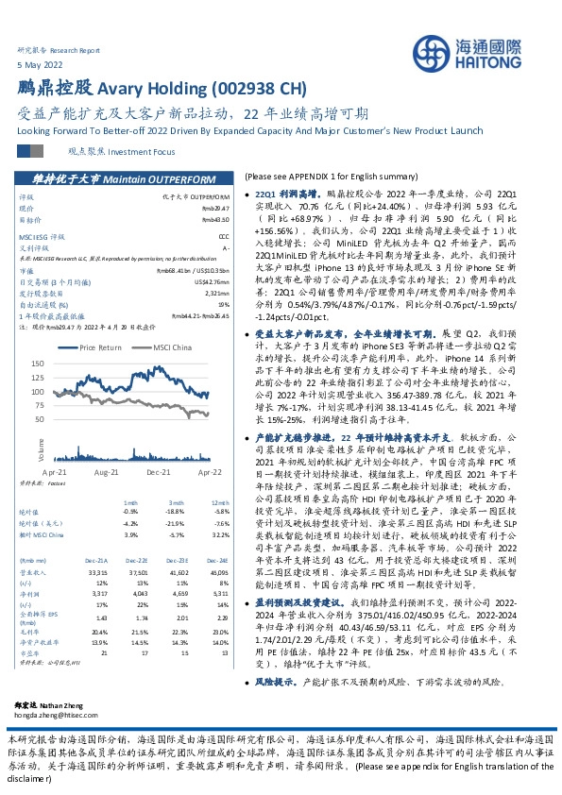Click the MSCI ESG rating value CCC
pos(224,237)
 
